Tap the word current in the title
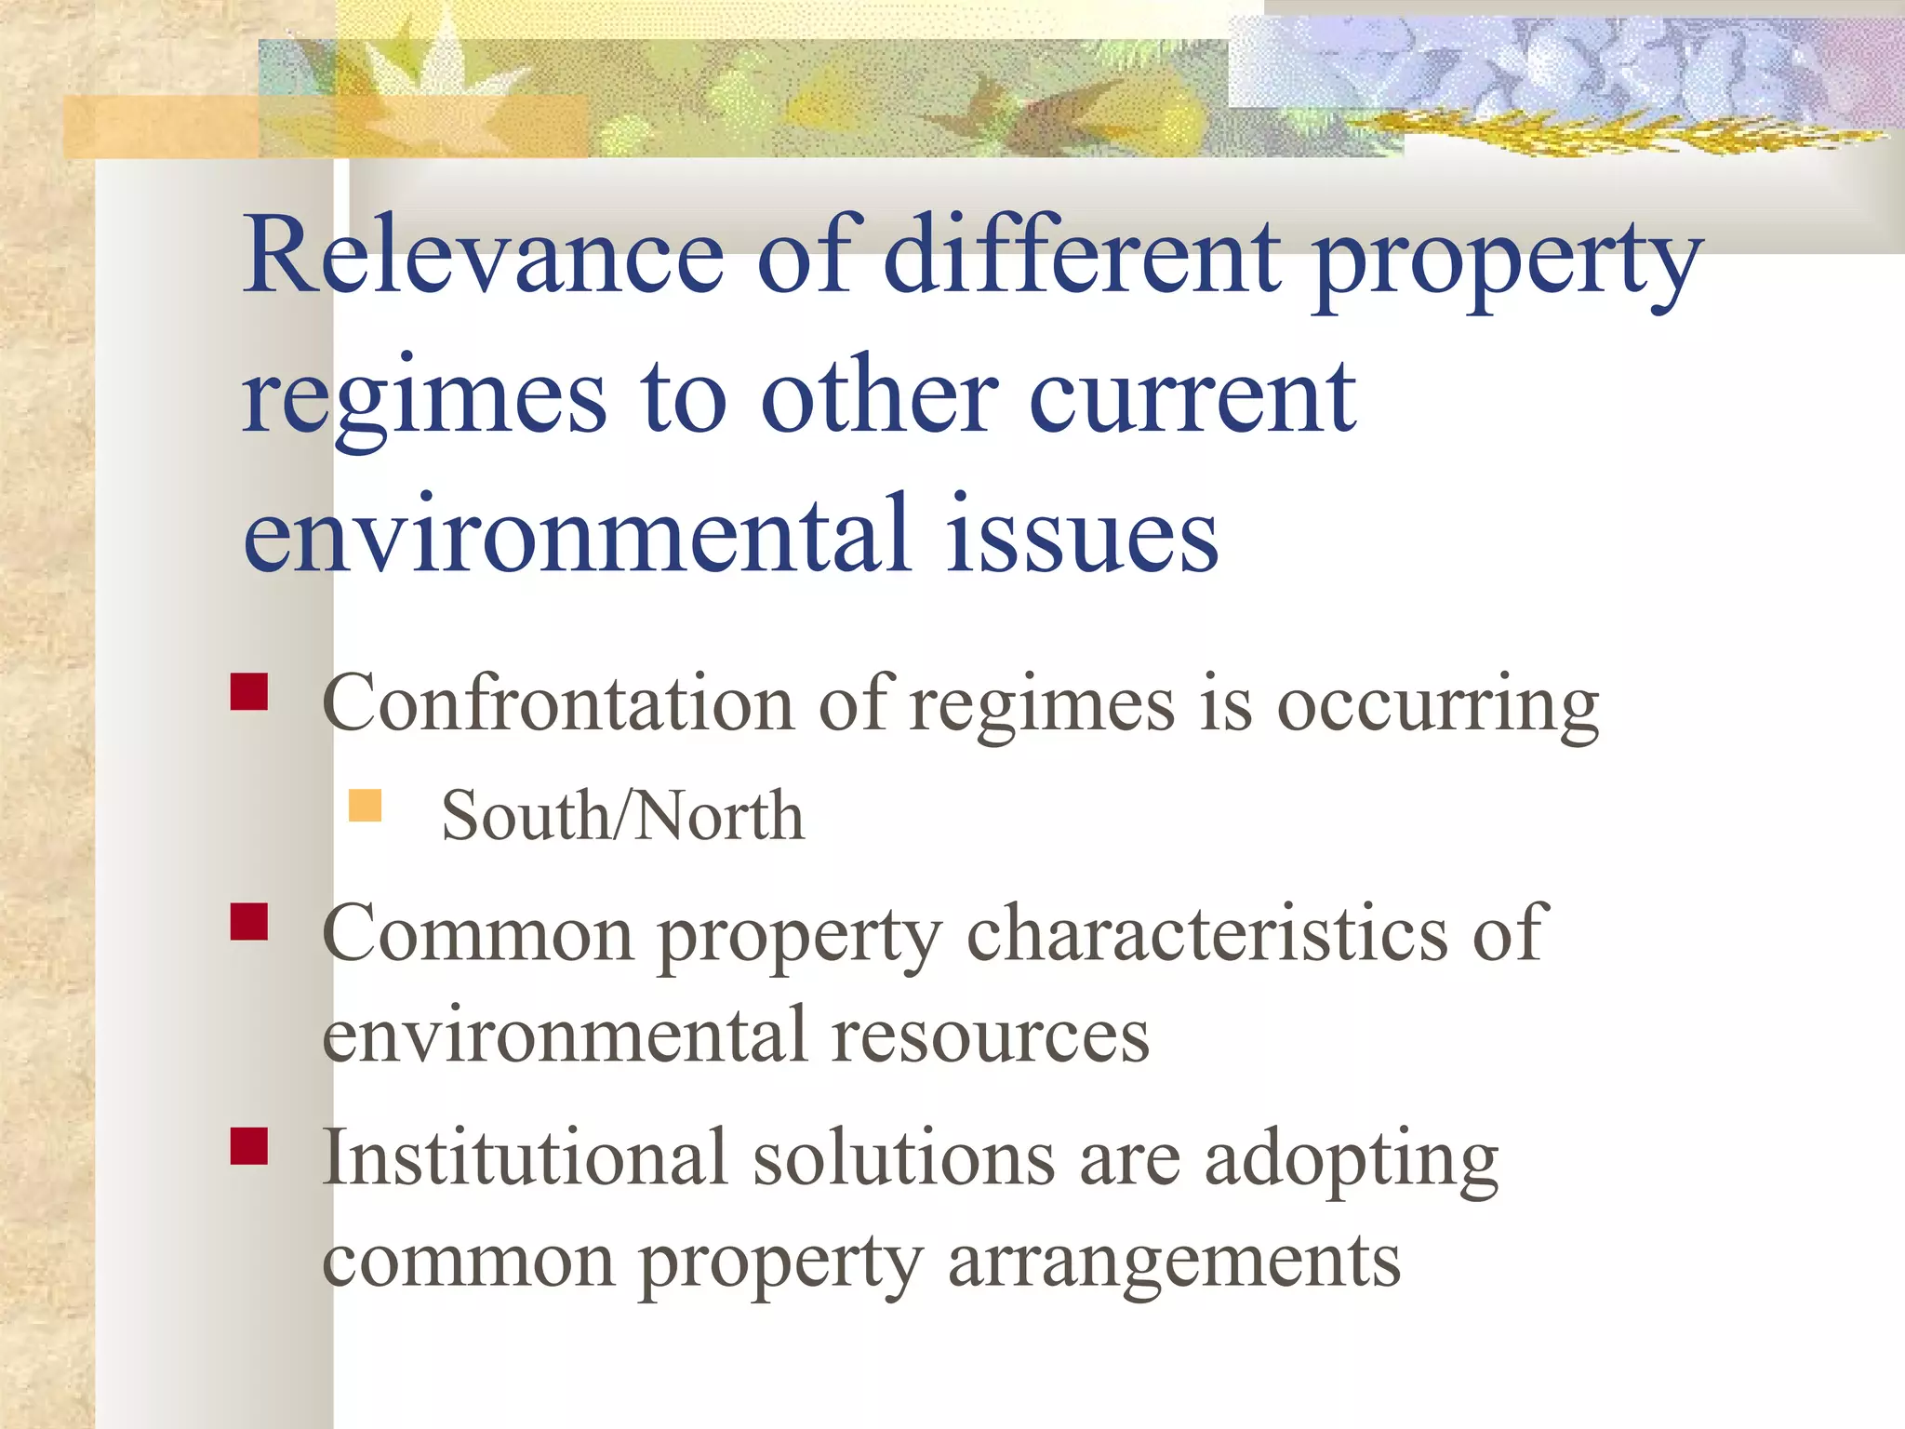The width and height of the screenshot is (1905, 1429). (1192, 397)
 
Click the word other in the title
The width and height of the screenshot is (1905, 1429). (880, 397)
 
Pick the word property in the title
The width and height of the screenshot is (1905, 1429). (1507, 260)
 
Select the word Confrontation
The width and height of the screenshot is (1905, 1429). (556, 704)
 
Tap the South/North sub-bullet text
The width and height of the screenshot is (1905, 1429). (621, 816)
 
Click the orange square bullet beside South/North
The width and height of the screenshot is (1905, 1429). (366, 806)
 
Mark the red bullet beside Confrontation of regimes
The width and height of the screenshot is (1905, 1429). (249, 692)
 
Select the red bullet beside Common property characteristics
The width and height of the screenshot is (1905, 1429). (249, 922)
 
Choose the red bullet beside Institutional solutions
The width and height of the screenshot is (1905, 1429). (249, 1146)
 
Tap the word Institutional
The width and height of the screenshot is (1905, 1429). (524, 1158)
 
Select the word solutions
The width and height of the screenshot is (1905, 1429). (903, 1158)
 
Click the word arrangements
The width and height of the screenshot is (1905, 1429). (1174, 1262)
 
